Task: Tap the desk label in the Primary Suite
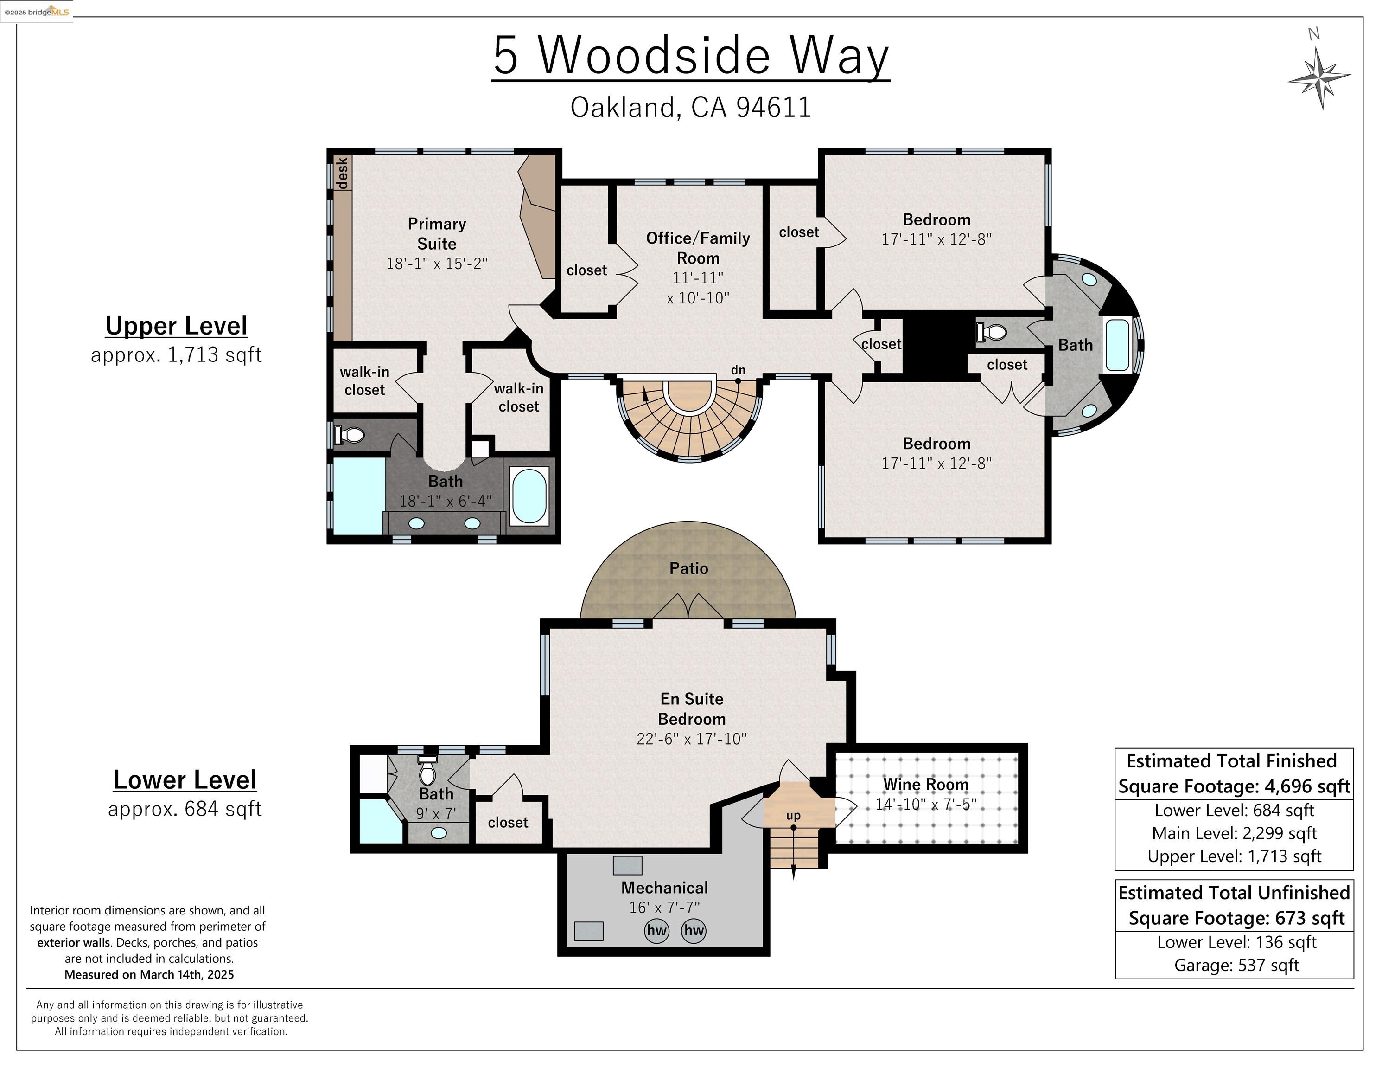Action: [342, 173]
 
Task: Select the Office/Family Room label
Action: [698, 248]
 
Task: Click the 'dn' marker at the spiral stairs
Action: [738, 370]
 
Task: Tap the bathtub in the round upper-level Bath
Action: [1117, 345]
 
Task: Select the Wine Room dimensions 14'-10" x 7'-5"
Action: [926, 804]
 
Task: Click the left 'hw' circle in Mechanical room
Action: [656, 930]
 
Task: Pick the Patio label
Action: [688, 568]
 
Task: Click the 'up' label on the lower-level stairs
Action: [793, 815]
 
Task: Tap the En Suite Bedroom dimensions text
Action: [692, 739]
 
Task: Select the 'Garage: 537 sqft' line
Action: [1236, 965]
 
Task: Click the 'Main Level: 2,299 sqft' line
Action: [1234, 833]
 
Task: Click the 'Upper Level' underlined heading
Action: [176, 326]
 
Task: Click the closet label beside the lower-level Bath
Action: [508, 822]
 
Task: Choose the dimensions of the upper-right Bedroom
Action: [936, 239]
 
